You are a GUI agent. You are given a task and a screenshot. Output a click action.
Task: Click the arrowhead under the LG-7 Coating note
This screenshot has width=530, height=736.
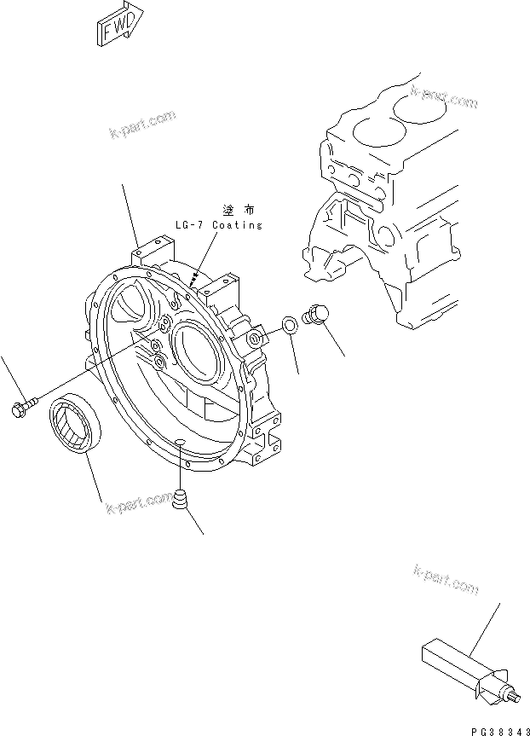pyautogui.click(x=196, y=278)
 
